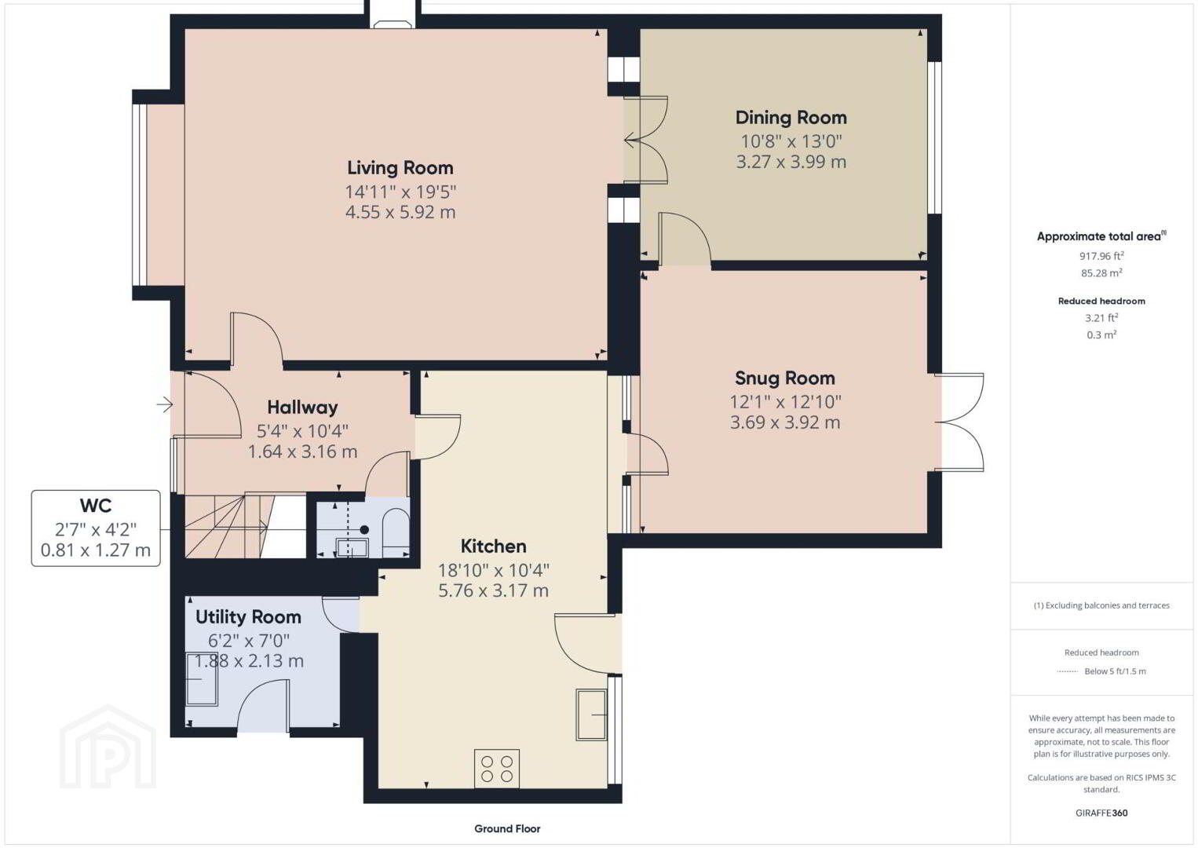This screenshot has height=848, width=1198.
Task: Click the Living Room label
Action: [x=400, y=168]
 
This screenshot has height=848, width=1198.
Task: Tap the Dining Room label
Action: [x=791, y=118]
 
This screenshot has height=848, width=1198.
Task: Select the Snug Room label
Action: [x=784, y=378]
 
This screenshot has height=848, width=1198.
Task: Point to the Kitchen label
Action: [x=493, y=546]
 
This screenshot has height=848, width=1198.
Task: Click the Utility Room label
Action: [x=248, y=617]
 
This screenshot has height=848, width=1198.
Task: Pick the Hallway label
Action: [x=302, y=408]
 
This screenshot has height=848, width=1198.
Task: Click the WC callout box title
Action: [x=96, y=506]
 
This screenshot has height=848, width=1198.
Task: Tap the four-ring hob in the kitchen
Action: [x=497, y=768]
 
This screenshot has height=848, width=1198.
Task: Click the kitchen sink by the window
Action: [x=591, y=715]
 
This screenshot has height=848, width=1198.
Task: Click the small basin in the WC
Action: [x=352, y=548]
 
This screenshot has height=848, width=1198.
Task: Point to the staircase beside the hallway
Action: [x=245, y=527]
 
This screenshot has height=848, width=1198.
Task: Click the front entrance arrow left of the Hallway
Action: [x=165, y=404]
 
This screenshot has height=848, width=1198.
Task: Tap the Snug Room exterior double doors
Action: [x=959, y=422]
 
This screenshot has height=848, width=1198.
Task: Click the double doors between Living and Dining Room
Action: [x=645, y=141]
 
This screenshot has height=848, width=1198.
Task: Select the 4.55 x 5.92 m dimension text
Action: [x=400, y=213]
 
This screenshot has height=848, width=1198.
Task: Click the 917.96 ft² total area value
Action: [x=1101, y=256]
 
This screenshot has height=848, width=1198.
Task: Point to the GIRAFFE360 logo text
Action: [x=1101, y=813]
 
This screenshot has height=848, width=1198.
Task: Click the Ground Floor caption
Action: [x=507, y=828]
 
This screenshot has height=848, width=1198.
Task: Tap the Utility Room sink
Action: [x=201, y=679]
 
